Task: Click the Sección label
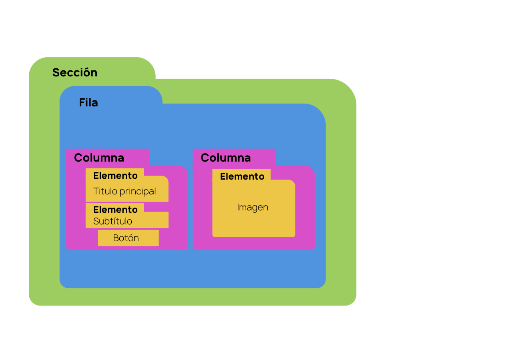click(x=75, y=72)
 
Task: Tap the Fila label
click(x=88, y=103)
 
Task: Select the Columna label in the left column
click(x=99, y=158)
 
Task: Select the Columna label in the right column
click(x=226, y=158)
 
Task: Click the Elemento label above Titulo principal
click(x=115, y=176)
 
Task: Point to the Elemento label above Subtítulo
click(x=115, y=210)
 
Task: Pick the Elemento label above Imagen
click(x=242, y=176)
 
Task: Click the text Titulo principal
click(x=124, y=191)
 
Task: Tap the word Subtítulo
click(x=112, y=221)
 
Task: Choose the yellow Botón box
click(x=128, y=238)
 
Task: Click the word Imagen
click(x=253, y=207)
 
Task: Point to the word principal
click(x=137, y=192)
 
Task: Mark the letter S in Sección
click(x=56, y=72)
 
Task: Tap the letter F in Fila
click(x=82, y=103)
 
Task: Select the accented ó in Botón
click(x=131, y=238)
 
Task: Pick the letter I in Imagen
click(x=238, y=207)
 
